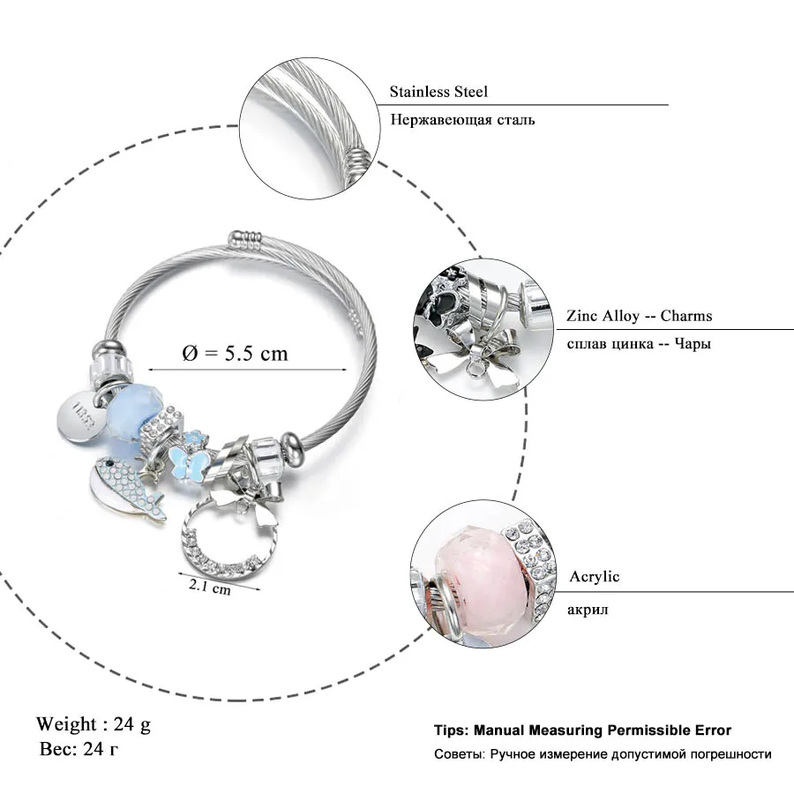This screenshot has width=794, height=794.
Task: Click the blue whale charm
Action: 125,488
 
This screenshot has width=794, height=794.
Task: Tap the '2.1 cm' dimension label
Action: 210,587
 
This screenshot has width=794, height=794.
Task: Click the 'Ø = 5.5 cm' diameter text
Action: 235,353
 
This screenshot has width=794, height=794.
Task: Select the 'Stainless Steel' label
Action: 438,92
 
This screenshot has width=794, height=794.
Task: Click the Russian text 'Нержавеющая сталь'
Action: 463,120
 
